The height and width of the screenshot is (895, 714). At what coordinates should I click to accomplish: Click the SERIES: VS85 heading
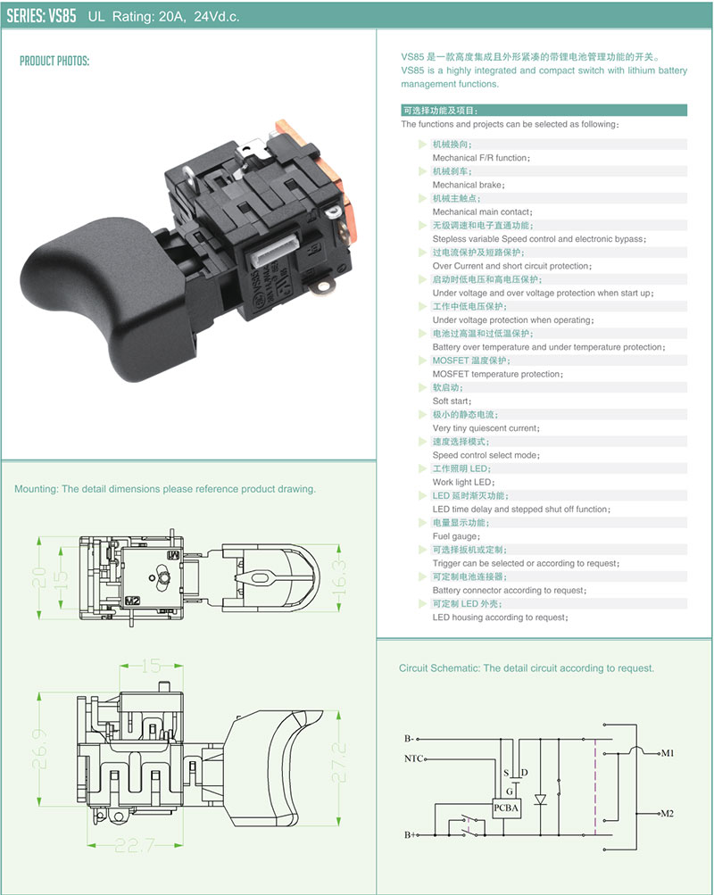click(41, 16)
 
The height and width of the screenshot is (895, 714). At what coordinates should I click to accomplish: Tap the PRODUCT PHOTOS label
click(54, 62)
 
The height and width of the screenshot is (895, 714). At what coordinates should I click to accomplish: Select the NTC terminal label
click(413, 759)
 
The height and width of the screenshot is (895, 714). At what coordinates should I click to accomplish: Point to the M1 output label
click(667, 754)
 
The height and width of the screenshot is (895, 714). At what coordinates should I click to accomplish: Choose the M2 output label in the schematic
click(667, 814)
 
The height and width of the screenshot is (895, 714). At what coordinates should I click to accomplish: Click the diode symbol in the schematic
click(539, 800)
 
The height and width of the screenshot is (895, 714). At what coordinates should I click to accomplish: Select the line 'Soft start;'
click(451, 402)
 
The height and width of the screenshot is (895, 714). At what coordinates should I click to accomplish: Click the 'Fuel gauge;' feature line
click(456, 536)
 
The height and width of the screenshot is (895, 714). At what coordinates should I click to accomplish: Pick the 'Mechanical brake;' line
click(469, 185)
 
